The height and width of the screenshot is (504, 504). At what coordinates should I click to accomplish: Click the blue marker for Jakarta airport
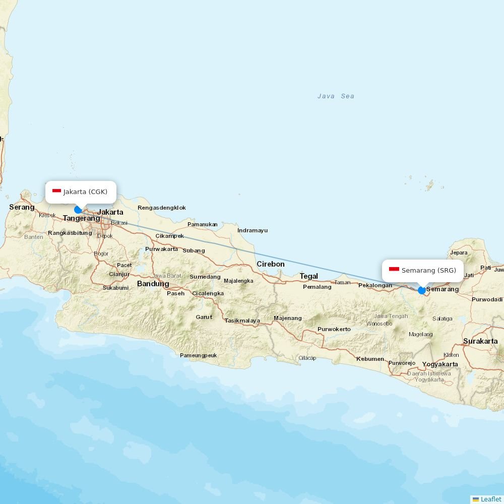click(x=78, y=210)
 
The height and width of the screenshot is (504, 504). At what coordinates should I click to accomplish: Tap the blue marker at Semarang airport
click(x=422, y=290)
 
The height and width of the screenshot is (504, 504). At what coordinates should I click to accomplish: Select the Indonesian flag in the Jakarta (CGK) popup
click(x=56, y=192)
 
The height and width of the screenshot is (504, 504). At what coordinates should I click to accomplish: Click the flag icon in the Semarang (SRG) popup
click(x=394, y=270)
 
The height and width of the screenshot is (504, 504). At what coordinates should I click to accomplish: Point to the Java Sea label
click(x=336, y=96)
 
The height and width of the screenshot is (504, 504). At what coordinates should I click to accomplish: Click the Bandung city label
click(x=153, y=284)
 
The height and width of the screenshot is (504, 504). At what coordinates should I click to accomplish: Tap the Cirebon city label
click(x=271, y=264)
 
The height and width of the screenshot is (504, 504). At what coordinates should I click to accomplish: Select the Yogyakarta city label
click(x=440, y=364)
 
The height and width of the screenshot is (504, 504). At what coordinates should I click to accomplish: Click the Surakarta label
click(x=480, y=341)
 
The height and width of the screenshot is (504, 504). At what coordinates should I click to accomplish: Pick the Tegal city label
click(x=309, y=276)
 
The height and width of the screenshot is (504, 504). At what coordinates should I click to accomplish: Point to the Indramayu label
click(x=253, y=230)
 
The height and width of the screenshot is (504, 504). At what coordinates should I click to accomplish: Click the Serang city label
click(x=22, y=207)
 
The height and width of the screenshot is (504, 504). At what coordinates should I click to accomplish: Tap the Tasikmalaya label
click(x=242, y=321)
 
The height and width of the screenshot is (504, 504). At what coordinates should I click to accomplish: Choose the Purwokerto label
click(x=334, y=329)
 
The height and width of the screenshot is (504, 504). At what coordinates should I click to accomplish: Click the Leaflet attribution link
click(x=490, y=499)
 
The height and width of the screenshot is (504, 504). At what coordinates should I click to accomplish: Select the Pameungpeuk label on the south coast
click(x=198, y=355)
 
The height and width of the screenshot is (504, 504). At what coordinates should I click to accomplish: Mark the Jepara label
click(x=459, y=253)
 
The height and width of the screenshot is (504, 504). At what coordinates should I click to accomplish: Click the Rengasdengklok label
click(x=162, y=208)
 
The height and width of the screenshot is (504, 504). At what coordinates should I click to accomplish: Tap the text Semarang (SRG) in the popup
click(x=428, y=271)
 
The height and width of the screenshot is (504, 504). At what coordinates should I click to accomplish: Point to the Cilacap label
click(x=307, y=358)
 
